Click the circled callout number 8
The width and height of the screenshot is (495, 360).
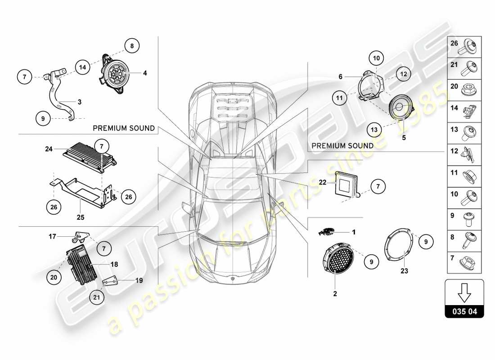click(x=132, y=45)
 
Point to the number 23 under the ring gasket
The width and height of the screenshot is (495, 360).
click(x=404, y=271)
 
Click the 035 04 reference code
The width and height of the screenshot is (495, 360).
click(x=464, y=311)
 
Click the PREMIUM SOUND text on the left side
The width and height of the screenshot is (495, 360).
click(x=124, y=129)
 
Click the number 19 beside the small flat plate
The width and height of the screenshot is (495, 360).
click(x=139, y=280)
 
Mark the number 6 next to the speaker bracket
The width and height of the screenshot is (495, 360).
click(x=341, y=77)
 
